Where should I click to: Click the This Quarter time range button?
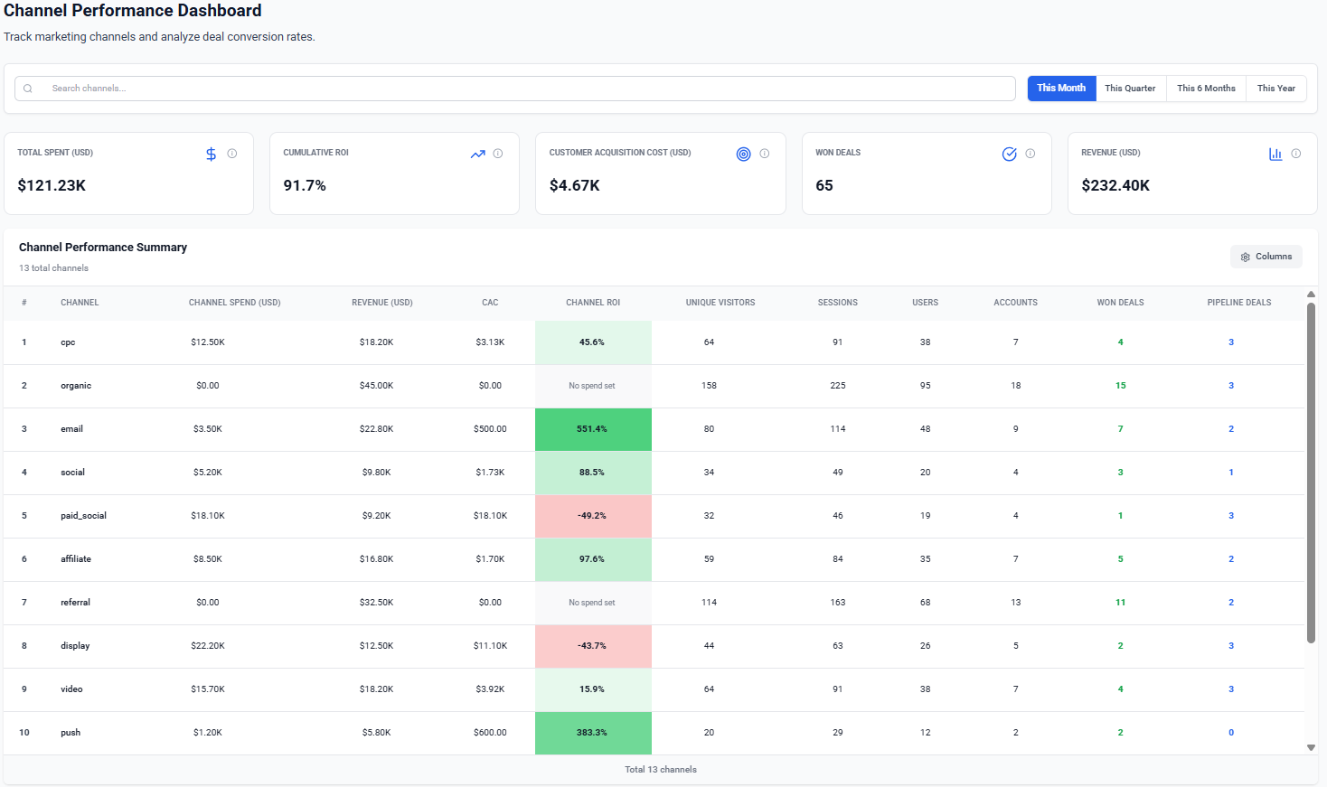coord(1130,89)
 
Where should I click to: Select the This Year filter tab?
coord(1275,89)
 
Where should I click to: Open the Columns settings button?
coord(1266,257)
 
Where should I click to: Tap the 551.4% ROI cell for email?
coord(593,429)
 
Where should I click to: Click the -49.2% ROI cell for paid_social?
coord(593,516)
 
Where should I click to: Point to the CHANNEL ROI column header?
coord(593,303)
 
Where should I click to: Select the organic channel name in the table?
coord(76,386)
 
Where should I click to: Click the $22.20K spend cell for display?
coord(208,646)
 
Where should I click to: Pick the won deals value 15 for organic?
coord(1120,386)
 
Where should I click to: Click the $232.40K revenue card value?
coord(1115,185)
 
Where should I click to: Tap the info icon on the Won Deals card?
coord(1030,154)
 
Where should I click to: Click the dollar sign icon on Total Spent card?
coord(211,155)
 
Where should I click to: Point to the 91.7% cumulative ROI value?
coord(305,185)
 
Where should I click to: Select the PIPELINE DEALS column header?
coord(1238,303)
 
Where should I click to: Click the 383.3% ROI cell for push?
coord(593,733)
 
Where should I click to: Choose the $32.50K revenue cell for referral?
coord(376,603)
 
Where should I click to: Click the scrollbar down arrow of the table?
coord(1311,747)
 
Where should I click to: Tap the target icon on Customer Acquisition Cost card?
coord(743,155)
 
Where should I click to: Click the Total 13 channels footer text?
coord(661,770)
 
